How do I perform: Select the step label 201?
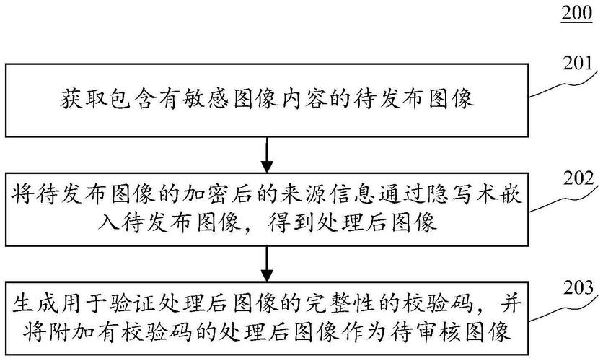coord(576,63)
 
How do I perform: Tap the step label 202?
coord(578,177)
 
